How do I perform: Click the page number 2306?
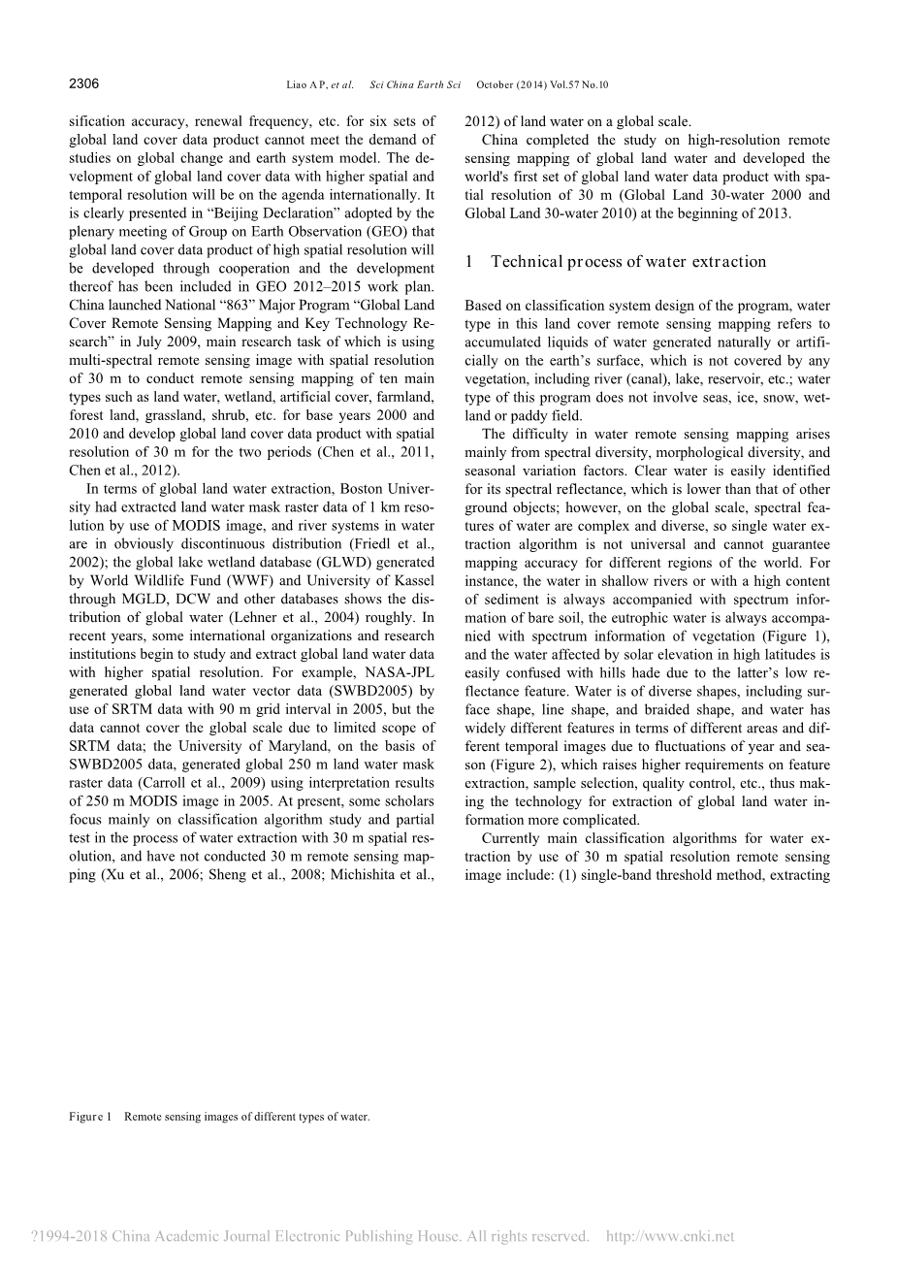[84, 84]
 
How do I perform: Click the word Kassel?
[412, 581]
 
